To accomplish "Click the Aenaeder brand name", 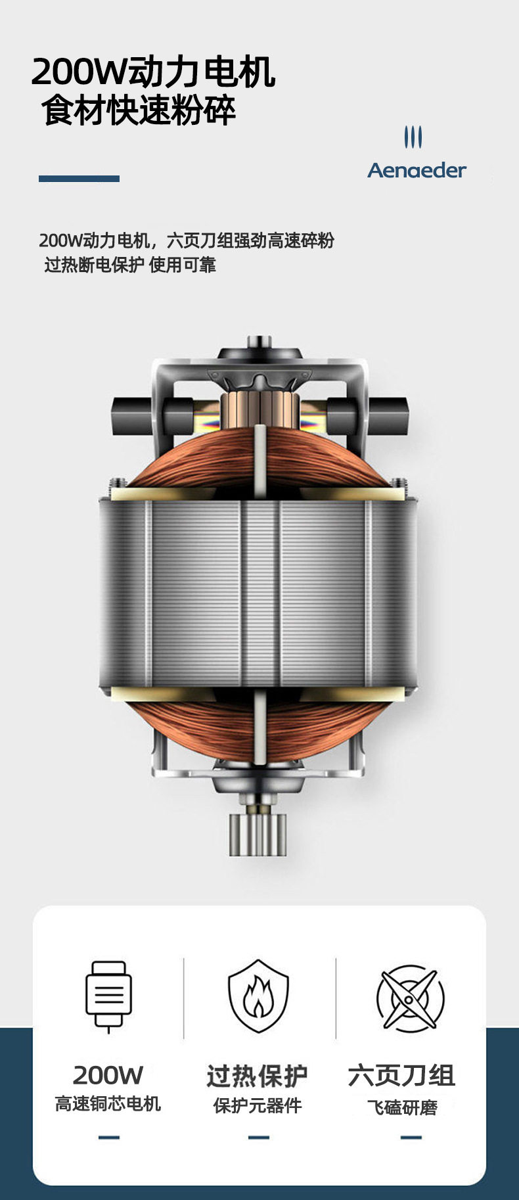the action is coord(417,170).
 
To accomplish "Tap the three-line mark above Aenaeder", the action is coord(413,137).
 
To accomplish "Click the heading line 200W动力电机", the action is coord(153,72).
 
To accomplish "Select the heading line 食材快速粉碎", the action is coord(139,110).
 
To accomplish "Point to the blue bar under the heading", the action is coord(79,179).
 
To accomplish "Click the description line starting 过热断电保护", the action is coord(130,265).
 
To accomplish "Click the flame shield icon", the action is coord(258,996).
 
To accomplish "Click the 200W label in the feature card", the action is coord(108,1075).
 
